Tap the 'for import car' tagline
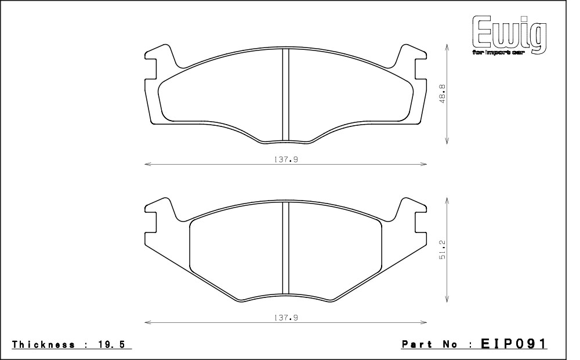pyautogui.click(x=498, y=53)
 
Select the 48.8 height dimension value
pyautogui.click(x=443, y=93)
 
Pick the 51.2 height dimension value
pyautogui.click(x=443, y=249)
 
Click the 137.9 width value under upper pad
pyautogui.click(x=286, y=159)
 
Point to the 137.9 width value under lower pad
pyautogui.click(x=286, y=318)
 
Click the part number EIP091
pyautogui.click(x=513, y=344)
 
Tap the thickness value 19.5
pyautogui.click(x=111, y=344)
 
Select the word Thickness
pyautogui.click(x=43, y=344)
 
